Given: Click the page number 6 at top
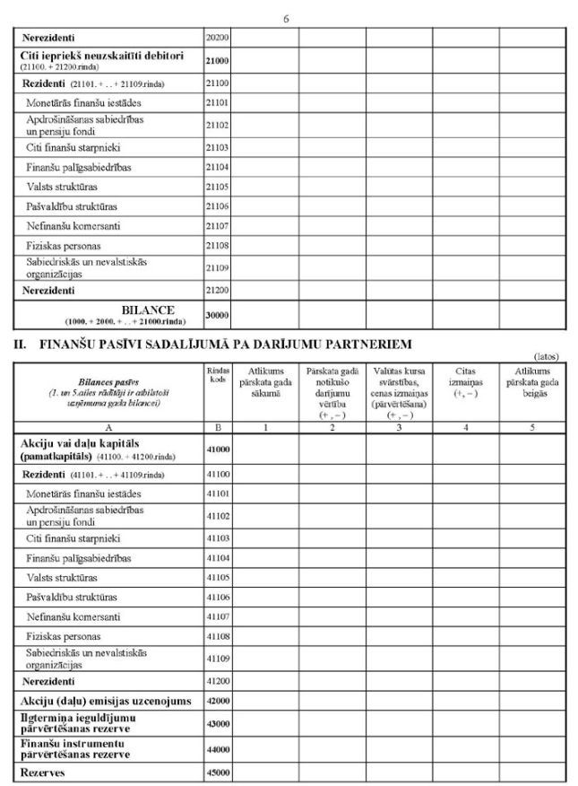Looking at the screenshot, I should pyautogui.click(x=286, y=18).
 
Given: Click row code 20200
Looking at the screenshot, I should pyautogui.click(x=217, y=38).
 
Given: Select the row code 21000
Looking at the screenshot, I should pyautogui.click(x=217, y=60).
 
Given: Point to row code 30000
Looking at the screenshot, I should pyautogui.click(x=217, y=315).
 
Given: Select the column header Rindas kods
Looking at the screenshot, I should pyautogui.click(x=217, y=375).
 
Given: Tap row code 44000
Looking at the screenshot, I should pyautogui.click(x=217, y=749).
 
